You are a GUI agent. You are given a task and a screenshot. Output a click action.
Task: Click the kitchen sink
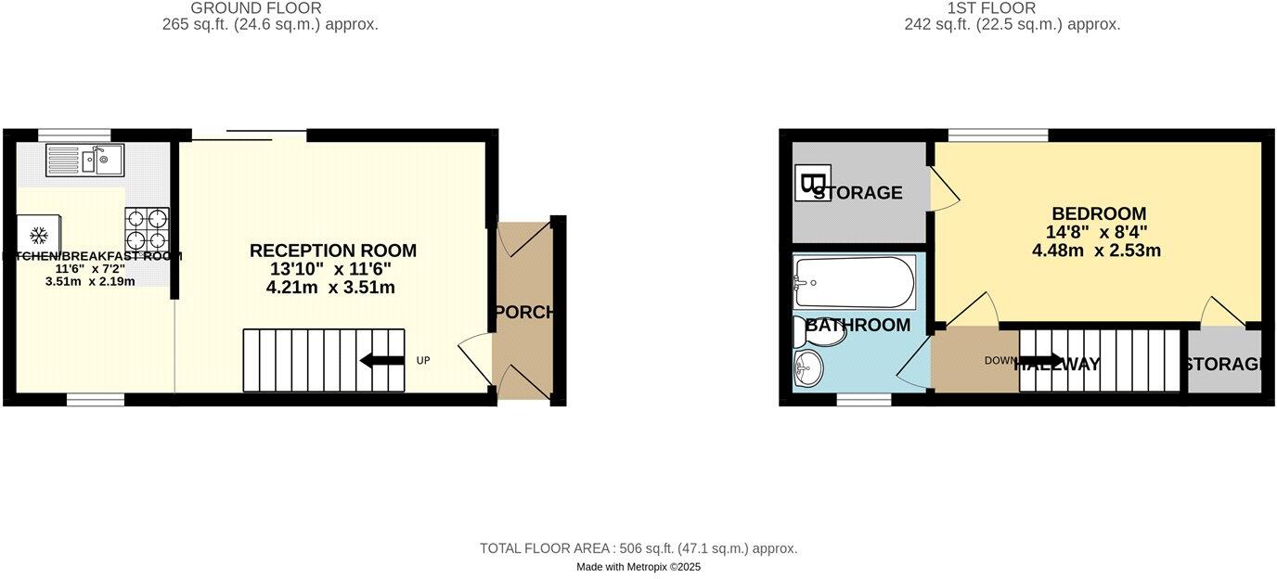coord(84,161)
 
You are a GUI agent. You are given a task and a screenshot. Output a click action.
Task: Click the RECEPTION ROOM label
coord(333,251)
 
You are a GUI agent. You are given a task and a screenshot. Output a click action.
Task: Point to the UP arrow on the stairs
coord(381,360)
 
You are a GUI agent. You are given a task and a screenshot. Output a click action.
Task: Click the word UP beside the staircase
coord(423,360)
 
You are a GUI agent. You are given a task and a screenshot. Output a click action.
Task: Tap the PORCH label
coord(525,312)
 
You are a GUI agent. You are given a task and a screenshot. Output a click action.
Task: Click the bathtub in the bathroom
coord(854,281)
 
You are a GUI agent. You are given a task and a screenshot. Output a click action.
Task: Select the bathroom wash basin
coord(808,368)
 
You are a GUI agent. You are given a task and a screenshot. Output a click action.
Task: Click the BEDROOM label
coord(1099,213)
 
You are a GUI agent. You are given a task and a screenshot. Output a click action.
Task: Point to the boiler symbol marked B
coord(813,182)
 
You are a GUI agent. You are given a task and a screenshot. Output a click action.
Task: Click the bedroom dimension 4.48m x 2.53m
coord(1096,251)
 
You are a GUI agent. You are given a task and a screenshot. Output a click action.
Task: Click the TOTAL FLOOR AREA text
coord(638,548)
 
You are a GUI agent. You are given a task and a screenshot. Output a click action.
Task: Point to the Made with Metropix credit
coord(638,567)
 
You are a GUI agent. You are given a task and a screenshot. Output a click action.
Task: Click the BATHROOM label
coord(858,325)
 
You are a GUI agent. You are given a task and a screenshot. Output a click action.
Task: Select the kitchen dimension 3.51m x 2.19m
coord(90,281)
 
